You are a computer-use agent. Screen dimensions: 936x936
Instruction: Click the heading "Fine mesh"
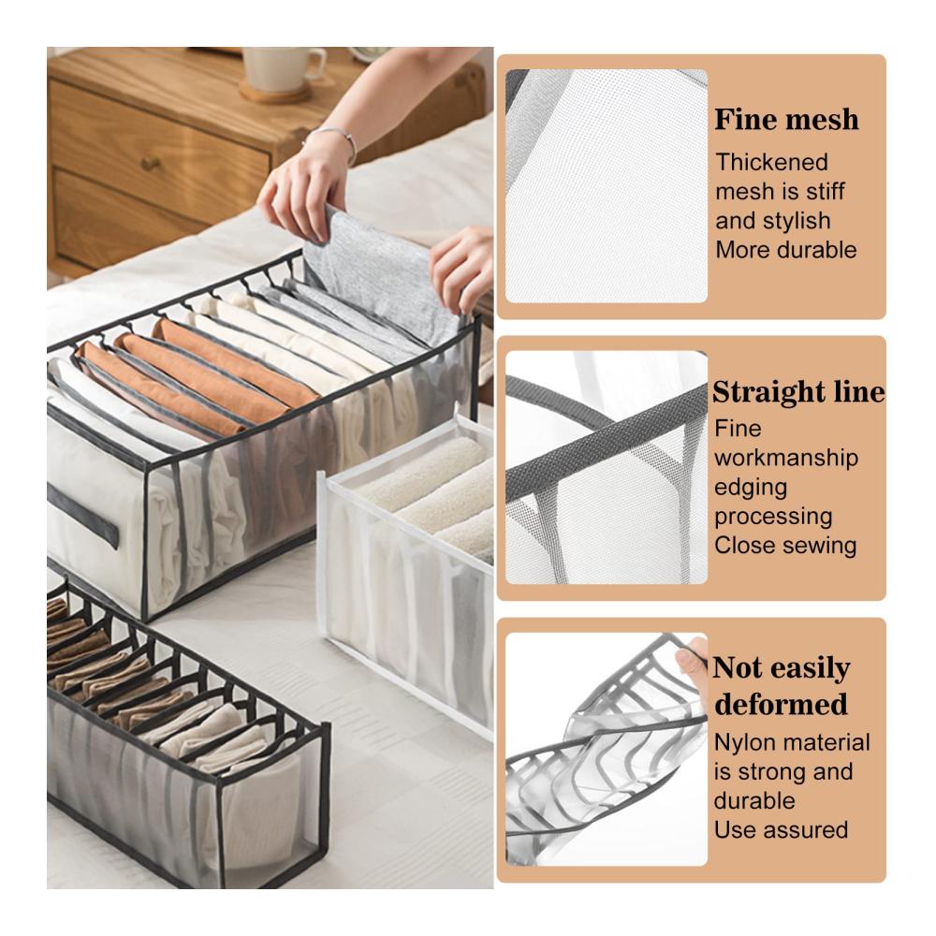pos(787,120)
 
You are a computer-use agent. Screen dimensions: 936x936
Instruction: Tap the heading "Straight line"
pos(798,392)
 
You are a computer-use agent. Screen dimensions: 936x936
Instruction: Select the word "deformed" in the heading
pos(781,704)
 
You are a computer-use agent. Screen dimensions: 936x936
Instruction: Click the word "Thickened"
pos(772,162)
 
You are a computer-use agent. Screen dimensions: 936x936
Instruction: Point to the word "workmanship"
pos(786,459)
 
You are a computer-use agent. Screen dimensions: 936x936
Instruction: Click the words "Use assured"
pos(781,829)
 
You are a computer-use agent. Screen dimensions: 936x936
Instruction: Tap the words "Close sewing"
pos(785,546)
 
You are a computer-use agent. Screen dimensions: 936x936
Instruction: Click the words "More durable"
pos(786,250)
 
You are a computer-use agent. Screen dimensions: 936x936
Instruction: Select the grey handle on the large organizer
pos(82,517)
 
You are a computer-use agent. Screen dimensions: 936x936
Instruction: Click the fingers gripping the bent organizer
pos(692,664)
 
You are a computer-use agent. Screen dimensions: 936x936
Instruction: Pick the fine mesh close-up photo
pos(607,185)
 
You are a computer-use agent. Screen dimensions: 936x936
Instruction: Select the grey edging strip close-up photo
pos(607,467)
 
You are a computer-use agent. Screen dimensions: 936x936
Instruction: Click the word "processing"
pos(773,517)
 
